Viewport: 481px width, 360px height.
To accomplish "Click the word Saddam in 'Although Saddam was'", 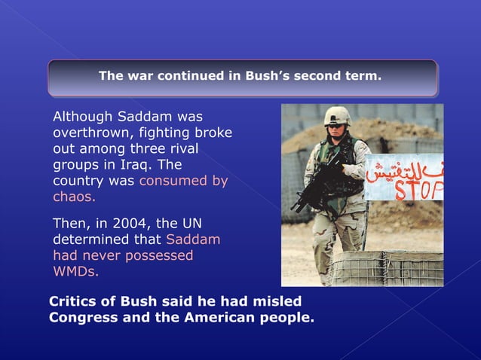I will [146, 117].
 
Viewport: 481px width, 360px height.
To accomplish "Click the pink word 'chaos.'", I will [74, 197].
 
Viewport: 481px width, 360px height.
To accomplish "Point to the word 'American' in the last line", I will [215, 317].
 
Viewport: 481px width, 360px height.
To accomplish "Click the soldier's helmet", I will [337, 115].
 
